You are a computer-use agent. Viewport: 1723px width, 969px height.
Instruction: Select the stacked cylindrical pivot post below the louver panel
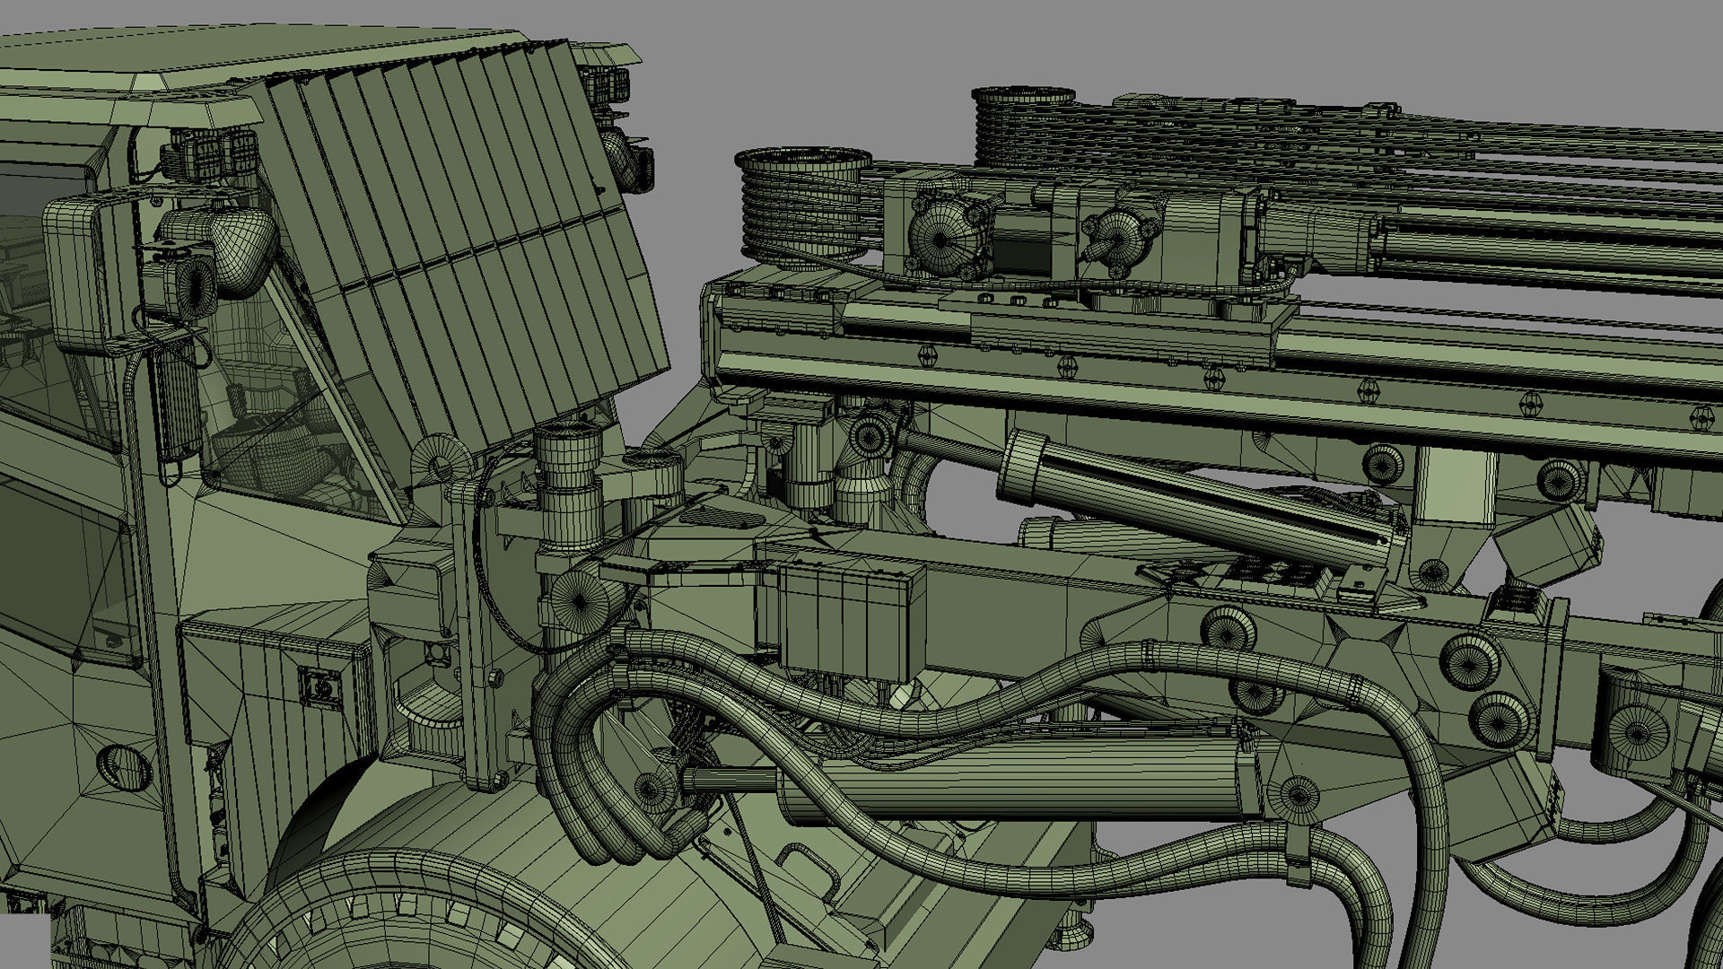coord(570,484)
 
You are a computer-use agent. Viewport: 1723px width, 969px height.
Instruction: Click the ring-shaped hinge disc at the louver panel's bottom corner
coord(440,463)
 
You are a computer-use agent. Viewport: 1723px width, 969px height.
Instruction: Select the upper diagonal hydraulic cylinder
coord(1194,498)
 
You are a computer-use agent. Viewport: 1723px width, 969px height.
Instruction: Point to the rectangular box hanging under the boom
coord(848,619)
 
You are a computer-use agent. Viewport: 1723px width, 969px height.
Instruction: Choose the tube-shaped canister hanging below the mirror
coord(178,404)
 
